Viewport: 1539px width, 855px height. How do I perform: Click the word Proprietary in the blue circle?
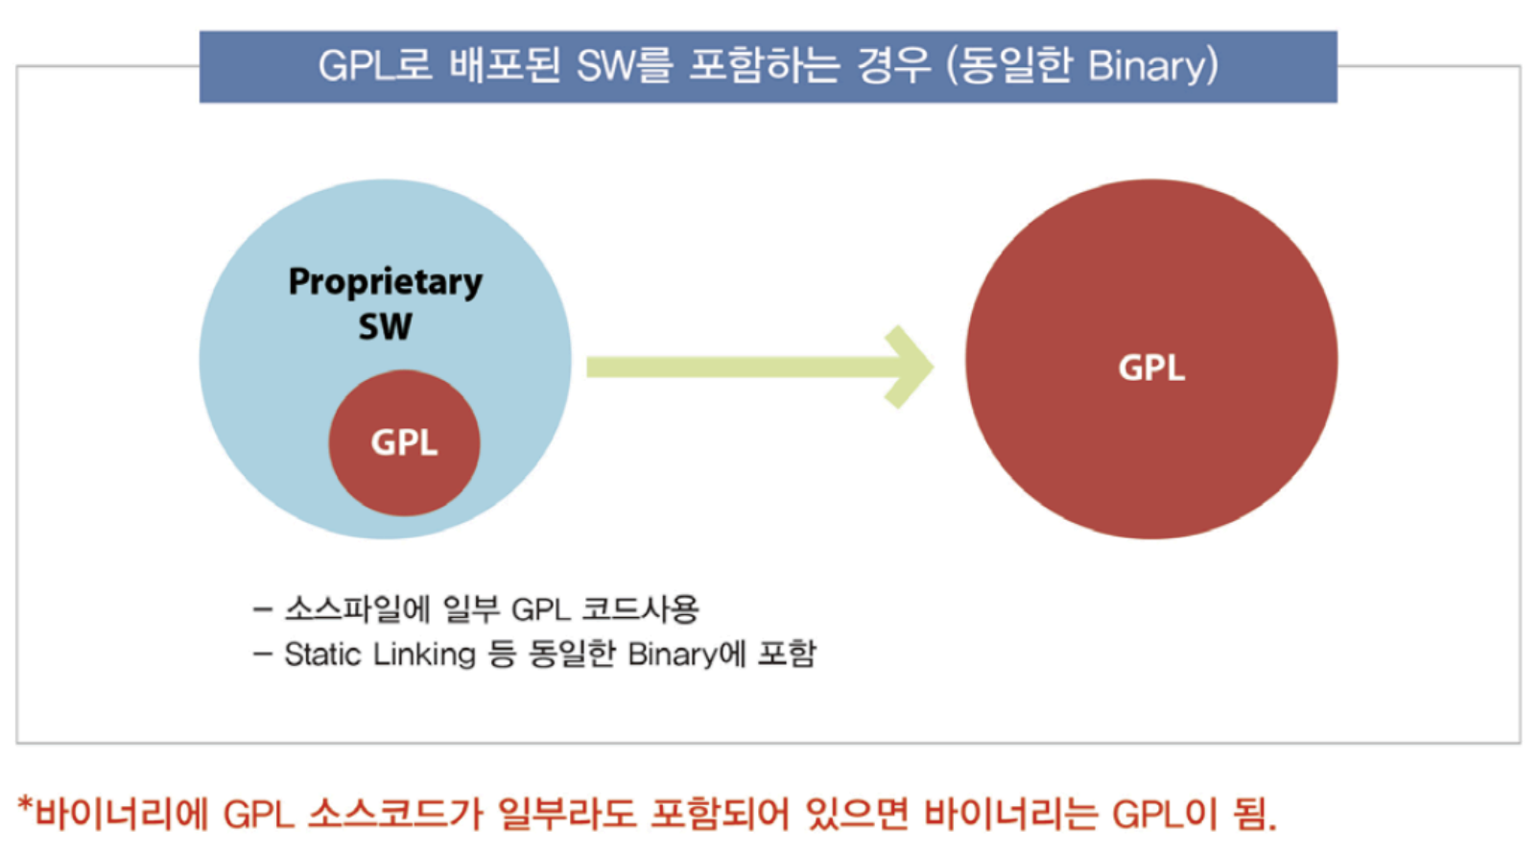point(385,282)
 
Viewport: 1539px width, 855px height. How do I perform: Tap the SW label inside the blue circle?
point(385,327)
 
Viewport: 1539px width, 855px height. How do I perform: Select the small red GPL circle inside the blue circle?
point(404,442)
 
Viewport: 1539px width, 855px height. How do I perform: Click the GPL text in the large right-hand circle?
point(1151,368)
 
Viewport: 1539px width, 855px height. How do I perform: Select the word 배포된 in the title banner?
point(505,66)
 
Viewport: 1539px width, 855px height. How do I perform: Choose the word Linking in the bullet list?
point(424,654)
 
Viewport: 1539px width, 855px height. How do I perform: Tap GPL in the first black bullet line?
point(540,609)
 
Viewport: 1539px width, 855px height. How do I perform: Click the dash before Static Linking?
point(263,654)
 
